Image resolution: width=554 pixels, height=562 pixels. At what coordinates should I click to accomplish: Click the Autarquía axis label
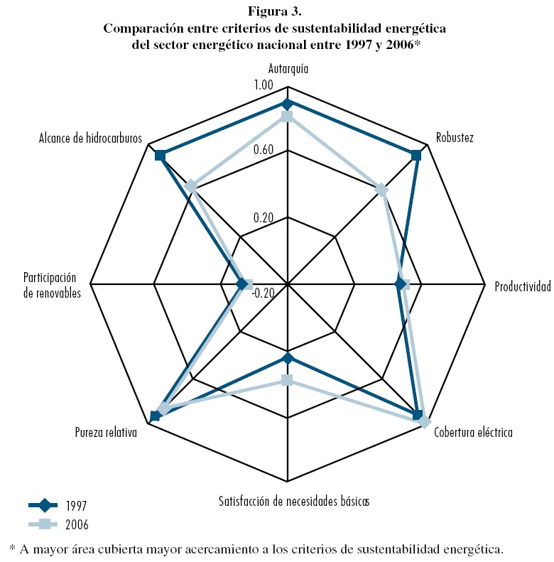[x=288, y=70]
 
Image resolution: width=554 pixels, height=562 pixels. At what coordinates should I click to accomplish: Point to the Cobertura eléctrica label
[x=472, y=432]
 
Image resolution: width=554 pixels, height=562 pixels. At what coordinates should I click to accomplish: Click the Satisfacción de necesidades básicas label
[x=294, y=500]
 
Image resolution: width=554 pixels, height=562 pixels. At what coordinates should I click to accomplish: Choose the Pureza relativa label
[x=106, y=431]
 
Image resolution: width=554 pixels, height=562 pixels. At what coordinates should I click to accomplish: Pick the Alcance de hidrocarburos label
[x=90, y=138]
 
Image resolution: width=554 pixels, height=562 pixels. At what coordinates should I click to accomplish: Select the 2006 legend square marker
[x=44, y=524]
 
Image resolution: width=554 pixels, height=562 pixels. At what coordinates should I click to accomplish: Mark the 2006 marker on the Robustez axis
[x=381, y=190]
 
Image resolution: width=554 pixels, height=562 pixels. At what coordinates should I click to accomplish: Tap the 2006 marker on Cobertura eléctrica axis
[x=424, y=423]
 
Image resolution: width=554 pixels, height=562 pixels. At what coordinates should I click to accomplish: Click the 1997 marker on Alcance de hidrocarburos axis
[x=160, y=156]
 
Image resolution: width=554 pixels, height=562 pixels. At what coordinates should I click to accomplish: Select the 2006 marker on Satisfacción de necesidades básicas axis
[x=287, y=380]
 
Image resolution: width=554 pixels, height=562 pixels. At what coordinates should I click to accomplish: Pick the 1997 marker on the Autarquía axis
[x=288, y=104]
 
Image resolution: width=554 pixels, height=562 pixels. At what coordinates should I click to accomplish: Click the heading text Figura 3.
[x=276, y=12]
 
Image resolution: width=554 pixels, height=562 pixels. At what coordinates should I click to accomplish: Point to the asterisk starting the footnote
[x=12, y=548]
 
